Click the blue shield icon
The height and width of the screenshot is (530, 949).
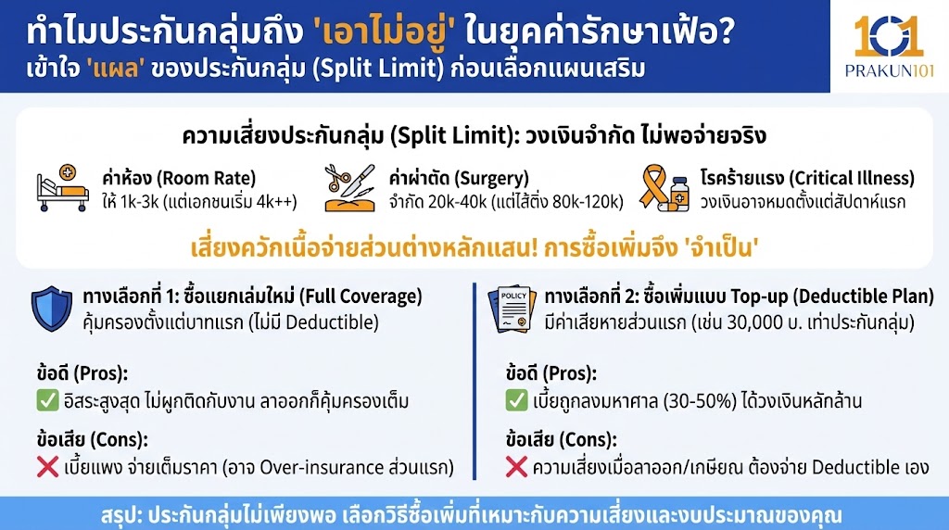click(x=52, y=309)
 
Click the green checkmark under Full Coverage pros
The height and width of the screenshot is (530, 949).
click(x=48, y=402)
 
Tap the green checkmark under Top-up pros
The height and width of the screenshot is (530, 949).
click(x=516, y=401)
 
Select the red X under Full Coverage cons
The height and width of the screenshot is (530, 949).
click(x=48, y=467)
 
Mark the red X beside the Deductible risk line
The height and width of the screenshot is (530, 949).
click(x=516, y=467)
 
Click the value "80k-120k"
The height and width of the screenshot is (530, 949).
click(x=587, y=199)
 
